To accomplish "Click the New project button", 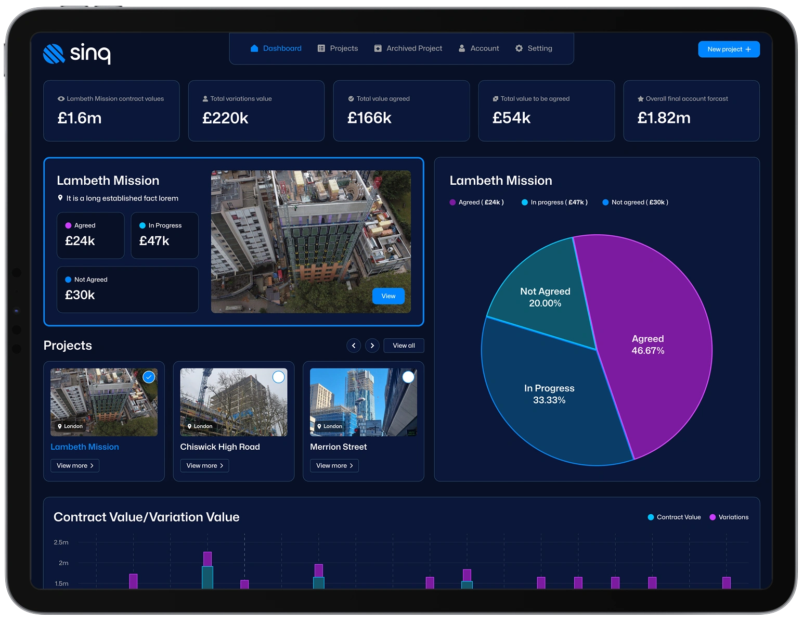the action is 728,49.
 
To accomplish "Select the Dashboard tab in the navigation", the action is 276,48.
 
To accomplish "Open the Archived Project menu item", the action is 408,48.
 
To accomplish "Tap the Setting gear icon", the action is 519,48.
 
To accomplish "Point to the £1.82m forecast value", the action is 663,118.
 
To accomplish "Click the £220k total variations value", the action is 225,118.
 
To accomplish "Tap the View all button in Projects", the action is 404,346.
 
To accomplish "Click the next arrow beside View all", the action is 372,346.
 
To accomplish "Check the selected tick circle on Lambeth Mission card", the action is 149,377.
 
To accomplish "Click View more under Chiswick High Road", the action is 204,465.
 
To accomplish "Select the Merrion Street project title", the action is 338,447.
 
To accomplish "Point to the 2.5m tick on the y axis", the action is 61,542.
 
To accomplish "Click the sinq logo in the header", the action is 77,54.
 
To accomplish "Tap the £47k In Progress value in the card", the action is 154,241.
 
